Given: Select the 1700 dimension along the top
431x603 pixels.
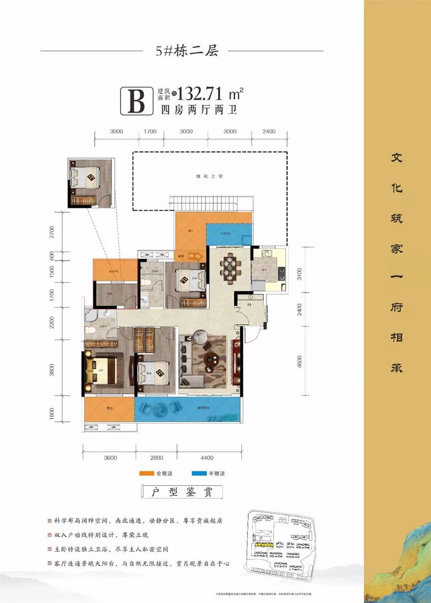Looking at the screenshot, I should click(150, 131).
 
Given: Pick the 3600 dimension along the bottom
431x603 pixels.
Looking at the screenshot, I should click(109, 458).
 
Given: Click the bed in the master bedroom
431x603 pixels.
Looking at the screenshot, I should click(102, 371).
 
